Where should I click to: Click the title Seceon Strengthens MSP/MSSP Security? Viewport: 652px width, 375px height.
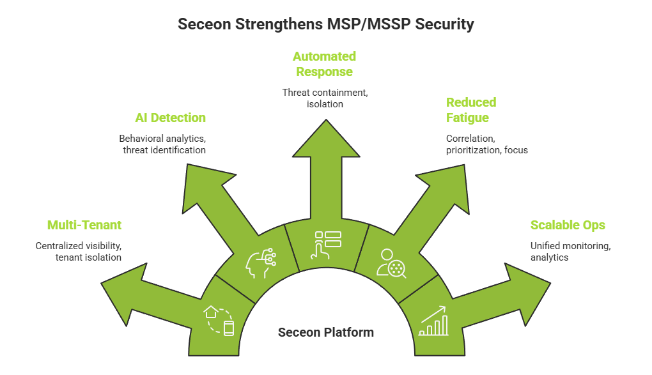pos(325,24)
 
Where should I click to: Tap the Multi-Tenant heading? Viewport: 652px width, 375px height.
pos(84,225)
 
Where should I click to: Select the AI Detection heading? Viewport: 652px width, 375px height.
pos(170,118)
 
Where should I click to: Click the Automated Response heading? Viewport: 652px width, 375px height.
pos(324,64)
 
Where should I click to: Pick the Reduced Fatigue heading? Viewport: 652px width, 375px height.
pos(471,109)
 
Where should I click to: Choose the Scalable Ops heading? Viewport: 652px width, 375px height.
pos(567,225)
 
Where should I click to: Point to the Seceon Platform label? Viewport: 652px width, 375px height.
pos(325,332)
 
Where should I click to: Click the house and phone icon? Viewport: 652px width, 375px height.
pos(219,320)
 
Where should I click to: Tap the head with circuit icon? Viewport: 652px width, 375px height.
pos(261,262)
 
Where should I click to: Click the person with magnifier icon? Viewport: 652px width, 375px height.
pos(392,262)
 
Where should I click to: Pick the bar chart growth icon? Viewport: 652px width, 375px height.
pos(433,321)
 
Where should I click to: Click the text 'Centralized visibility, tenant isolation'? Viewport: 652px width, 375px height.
pos(78,251)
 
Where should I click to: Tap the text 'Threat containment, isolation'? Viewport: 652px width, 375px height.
pos(325,98)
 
